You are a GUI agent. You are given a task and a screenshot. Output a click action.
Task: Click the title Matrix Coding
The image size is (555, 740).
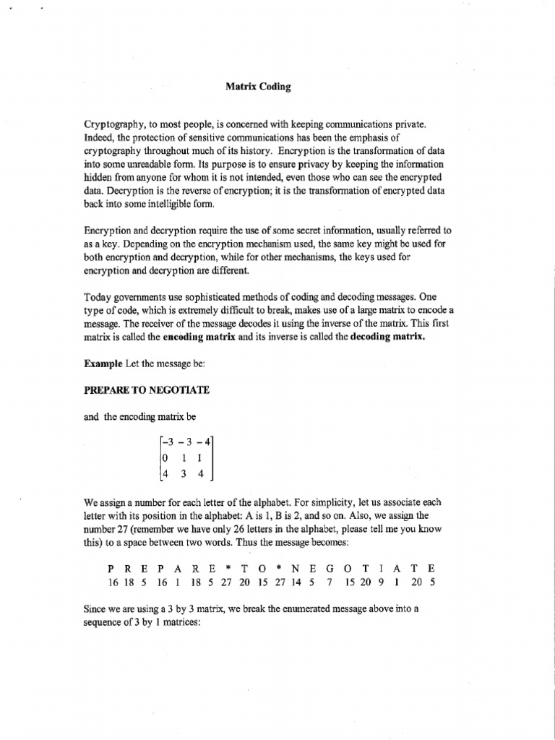pyautogui.click(x=258, y=87)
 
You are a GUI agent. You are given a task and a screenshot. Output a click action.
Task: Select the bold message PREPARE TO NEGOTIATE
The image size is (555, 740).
pyautogui.click(x=147, y=390)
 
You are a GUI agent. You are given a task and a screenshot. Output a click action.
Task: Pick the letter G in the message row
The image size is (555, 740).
pyautogui.click(x=330, y=569)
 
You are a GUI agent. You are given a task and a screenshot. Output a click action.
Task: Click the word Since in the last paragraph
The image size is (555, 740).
pyautogui.click(x=98, y=609)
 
